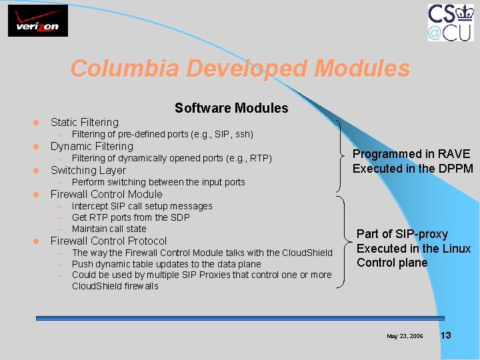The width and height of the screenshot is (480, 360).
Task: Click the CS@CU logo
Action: [450, 23]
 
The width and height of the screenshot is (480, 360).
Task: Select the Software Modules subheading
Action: [231, 108]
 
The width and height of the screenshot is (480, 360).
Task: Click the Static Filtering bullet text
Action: [85, 122]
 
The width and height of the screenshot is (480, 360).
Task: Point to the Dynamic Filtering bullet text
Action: [92, 146]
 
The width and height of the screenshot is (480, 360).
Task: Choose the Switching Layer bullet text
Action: [88, 170]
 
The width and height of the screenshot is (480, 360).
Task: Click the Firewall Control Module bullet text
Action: [107, 194]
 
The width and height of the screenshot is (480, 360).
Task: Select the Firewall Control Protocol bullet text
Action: [109, 241]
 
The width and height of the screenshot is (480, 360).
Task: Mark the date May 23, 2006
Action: [405, 336]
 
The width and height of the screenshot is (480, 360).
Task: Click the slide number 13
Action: [445, 335]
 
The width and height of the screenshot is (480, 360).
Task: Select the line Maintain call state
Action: [109, 229]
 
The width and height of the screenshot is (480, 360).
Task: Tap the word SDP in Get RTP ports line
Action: [179, 217]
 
